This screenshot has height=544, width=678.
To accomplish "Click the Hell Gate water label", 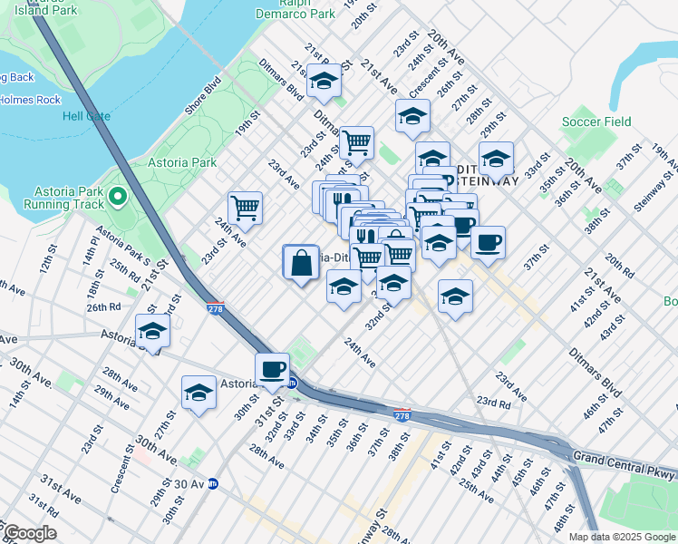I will pyautogui.click(x=86, y=116).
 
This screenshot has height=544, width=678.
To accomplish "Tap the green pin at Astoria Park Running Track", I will pyautogui.click(x=117, y=195).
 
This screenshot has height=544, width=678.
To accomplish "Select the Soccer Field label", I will pyautogui.click(x=596, y=121).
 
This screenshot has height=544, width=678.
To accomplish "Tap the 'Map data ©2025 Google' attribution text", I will pyautogui.click(x=622, y=537).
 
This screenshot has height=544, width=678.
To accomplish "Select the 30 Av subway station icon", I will pyautogui.click(x=212, y=483).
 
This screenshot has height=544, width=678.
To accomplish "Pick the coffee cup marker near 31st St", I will pyautogui.click(x=272, y=369).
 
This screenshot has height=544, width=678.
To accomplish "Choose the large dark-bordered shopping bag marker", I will pyautogui.click(x=301, y=264).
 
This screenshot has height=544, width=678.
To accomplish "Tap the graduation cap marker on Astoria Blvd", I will pyautogui.click(x=152, y=332).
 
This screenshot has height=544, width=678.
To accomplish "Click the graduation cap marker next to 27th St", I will pyautogui.click(x=199, y=393).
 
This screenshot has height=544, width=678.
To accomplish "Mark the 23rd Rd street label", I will pyautogui.click(x=494, y=401).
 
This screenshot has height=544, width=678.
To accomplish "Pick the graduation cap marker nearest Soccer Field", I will pyautogui.click(x=496, y=159).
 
